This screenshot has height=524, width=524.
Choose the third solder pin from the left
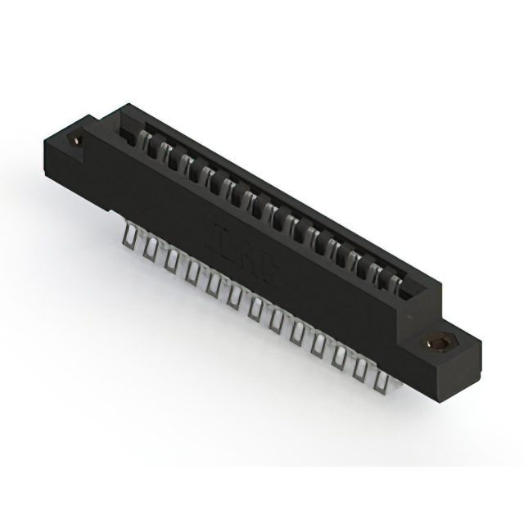pos(171,260)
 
